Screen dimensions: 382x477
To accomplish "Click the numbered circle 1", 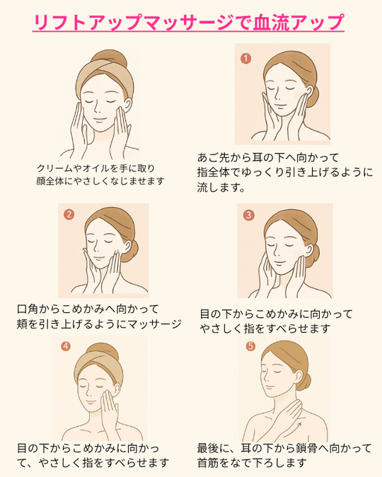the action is coord(246,58).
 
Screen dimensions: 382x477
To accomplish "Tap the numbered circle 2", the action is coord(69,214).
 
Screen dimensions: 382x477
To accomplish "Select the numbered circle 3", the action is coord(248,215).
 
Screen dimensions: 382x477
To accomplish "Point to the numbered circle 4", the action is coord(66,346).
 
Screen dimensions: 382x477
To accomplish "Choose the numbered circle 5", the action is coord(250,346).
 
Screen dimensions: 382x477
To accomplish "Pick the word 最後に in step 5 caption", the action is coord(212,449).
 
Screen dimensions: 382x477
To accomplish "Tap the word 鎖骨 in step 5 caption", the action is coord(306,449).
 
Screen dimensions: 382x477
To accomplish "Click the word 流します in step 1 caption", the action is coord(219,187).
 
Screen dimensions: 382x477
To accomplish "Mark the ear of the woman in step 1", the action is coord(309,90).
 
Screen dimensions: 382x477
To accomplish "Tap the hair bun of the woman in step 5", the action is coord(305,382).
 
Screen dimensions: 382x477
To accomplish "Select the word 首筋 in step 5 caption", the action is coord(208,463).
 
